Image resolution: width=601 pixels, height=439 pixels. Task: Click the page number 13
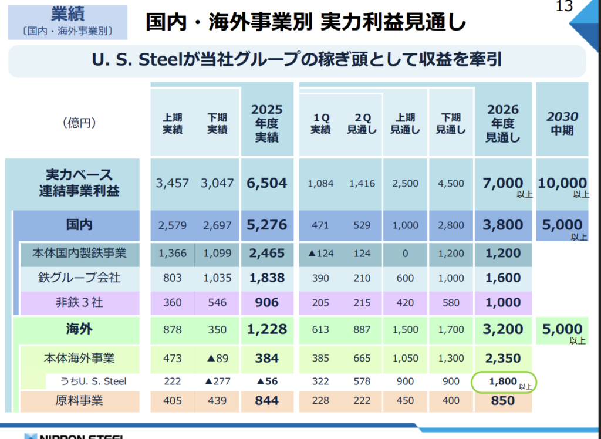click(564, 6)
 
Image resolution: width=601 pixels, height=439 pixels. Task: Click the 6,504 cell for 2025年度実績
click(267, 183)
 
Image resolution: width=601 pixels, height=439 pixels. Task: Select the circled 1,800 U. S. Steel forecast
click(503, 382)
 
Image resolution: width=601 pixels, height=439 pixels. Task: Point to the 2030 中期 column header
click(562, 123)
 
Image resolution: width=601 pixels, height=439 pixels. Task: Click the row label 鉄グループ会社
click(79, 278)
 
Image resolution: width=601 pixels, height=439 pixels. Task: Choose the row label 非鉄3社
click(79, 302)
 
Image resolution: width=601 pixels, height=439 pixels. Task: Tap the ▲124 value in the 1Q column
click(321, 254)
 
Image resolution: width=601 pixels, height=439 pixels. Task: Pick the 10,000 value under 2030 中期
click(562, 183)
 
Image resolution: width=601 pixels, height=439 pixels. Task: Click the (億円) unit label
click(79, 123)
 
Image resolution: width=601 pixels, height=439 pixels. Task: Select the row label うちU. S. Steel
click(93, 381)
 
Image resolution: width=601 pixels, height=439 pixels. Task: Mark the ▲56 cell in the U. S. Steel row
click(267, 381)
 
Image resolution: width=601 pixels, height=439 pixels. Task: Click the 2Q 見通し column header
click(362, 123)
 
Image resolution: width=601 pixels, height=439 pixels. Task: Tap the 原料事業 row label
click(79, 401)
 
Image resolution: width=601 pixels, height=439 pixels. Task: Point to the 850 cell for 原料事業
click(503, 401)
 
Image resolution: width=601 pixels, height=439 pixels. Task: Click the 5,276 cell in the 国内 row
click(267, 225)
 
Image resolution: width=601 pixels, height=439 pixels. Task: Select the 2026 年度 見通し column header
click(503, 123)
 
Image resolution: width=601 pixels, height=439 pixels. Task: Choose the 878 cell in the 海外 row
click(173, 330)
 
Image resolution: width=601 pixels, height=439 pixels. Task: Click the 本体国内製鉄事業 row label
click(79, 253)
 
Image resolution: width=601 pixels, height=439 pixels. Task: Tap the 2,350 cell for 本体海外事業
click(503, 359)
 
